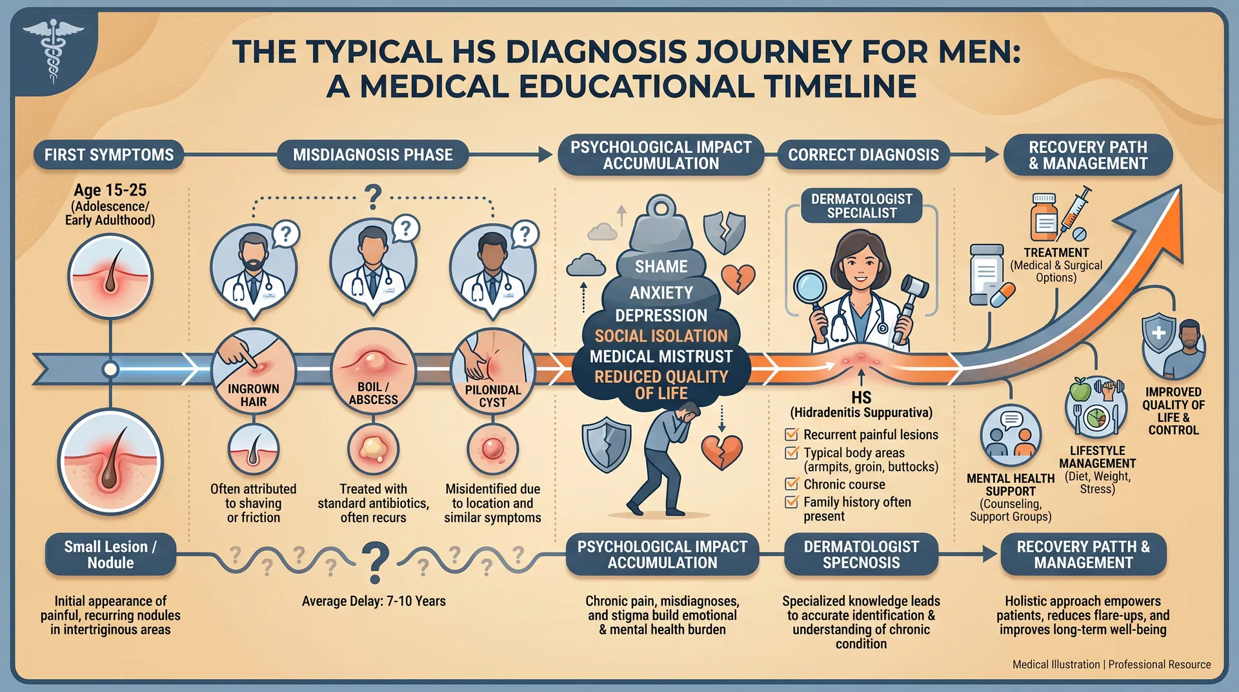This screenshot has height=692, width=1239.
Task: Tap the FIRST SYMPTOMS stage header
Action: click(x=108, y=155)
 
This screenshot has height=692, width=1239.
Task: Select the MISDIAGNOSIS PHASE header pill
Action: click(x=372, y=155)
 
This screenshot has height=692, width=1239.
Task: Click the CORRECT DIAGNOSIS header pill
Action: click(x=863, y=155)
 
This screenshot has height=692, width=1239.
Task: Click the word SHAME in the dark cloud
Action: click(x=661, y=267)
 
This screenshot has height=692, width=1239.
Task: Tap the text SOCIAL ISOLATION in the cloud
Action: click(x=661, y=336)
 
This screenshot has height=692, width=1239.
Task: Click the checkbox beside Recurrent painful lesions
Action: click(x=792, y=434)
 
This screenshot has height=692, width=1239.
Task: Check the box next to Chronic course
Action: click(x=792, y=484)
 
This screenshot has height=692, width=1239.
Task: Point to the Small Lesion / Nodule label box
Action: click(x=110, y=555)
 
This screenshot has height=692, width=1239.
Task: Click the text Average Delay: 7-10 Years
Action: click(x=374, y=601)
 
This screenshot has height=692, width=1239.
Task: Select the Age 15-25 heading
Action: click(x=110, y=190)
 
